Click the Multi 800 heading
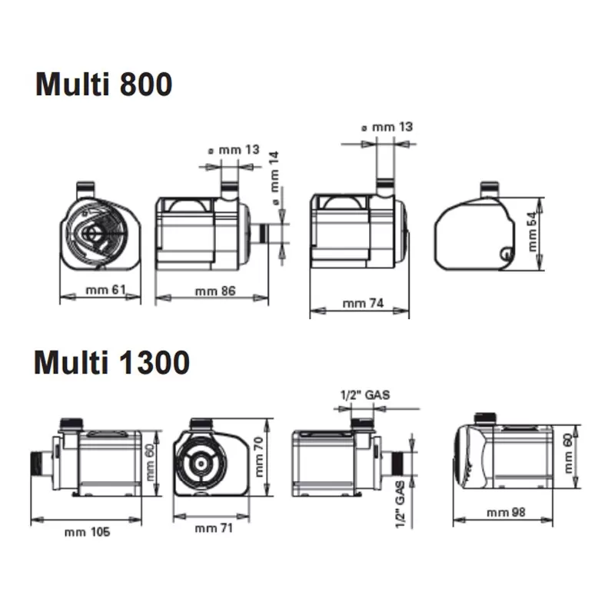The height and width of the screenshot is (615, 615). [104, 84]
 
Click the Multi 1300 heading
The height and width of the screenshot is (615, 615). [111, 362]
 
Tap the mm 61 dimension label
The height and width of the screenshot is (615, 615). [106, 290]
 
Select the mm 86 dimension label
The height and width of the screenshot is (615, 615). [215, 291]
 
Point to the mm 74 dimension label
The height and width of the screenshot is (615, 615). [363, 303]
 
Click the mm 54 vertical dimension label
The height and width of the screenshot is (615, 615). [532, 231]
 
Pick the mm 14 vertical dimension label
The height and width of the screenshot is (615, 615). [275, 178]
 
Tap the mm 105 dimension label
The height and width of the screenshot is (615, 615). [87, 532]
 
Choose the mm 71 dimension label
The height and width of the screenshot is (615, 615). [214, 528]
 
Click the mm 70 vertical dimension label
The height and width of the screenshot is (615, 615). [259, 457]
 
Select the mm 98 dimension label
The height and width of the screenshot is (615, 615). [506, 512]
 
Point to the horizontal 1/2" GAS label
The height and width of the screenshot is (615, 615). [365, 395]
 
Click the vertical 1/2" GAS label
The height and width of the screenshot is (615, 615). [400, 504]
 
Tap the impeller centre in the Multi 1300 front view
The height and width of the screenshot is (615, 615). [201, 464]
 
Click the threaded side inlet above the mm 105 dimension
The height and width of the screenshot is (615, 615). [42, 465]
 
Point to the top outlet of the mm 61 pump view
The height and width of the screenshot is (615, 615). [85, 190]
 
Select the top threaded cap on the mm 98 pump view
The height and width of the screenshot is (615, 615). [486, 418]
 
